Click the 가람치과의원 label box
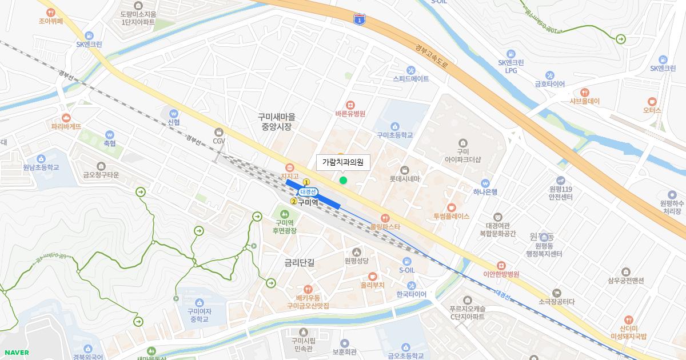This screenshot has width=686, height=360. [343, 162]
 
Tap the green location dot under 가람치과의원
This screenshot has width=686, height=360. [343, 181]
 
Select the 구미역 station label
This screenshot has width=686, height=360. [308, 202]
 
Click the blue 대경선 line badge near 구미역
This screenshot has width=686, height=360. [308, 192]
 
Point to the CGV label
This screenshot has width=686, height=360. [219, 141]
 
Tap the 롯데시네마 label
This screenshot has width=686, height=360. [405, 178]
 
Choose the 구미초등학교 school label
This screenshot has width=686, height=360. [394, 135]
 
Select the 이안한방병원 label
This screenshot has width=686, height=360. [501, 274]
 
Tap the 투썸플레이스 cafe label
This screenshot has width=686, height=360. [452, 216]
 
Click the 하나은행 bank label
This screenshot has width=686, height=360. [485, 191]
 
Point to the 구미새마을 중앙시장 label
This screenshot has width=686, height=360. [276, 122]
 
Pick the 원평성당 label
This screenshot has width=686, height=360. [357, 261]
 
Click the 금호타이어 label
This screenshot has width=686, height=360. [549, 84]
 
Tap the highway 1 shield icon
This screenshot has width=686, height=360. [359, 20]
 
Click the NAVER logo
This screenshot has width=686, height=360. [17, 353]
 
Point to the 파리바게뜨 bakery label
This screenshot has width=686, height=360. [66, 126]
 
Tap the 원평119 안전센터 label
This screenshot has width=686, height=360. [560, 193]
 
